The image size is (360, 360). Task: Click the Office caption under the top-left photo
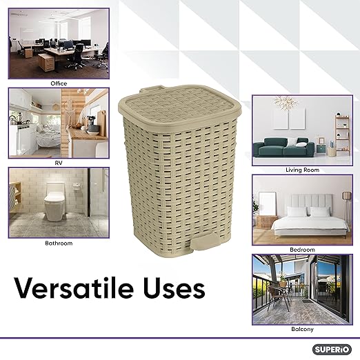coord(59,83)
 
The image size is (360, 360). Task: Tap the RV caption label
coord(59,163)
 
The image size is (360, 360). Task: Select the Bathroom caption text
coord(59,243)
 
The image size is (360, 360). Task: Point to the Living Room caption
coord(302,169)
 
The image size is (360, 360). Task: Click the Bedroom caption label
coord(302,249)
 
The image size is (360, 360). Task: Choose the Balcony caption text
coord(302,330)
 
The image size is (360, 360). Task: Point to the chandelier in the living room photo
coord(285,103)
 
